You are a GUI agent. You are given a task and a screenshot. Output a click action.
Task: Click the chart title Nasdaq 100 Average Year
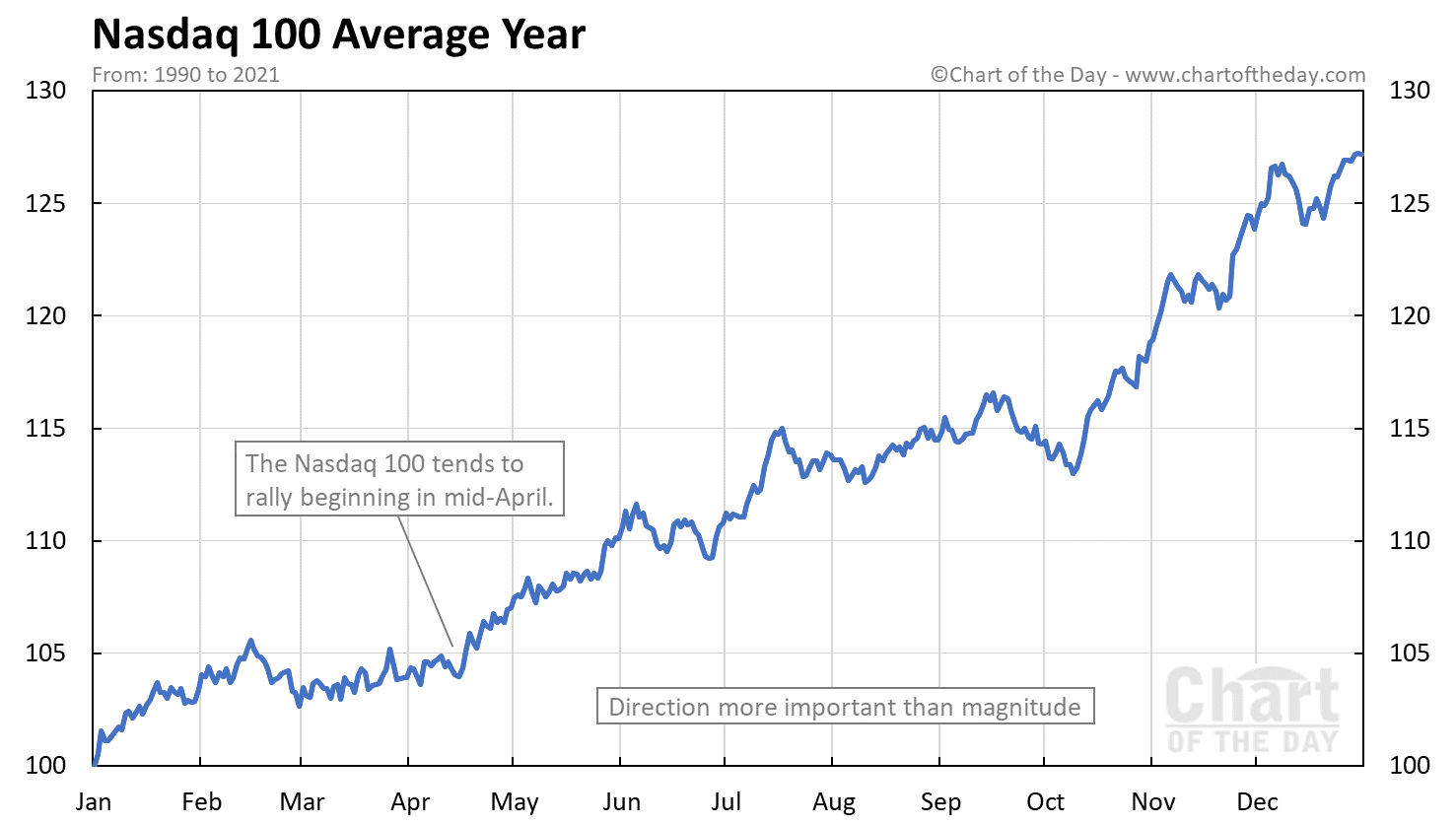click(338, 35)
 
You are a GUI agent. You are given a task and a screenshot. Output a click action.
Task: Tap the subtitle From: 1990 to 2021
click(185, 75)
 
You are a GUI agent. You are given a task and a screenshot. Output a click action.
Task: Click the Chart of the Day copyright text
click(1147, 75)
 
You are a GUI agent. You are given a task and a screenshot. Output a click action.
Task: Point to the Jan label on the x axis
click(94, 802)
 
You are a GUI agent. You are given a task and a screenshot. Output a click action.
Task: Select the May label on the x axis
click(514, 802)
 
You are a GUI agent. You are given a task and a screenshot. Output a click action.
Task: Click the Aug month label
click(833, 802)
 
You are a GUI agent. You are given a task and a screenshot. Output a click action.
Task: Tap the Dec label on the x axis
click(1257, 802)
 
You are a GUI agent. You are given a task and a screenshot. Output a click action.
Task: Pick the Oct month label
click(1045, 802)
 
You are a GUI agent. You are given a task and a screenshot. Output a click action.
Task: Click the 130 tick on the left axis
click(46, 91)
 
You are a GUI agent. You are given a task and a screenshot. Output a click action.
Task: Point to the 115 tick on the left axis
click(46, 429)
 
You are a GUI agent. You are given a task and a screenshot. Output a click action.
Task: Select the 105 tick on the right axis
click(1409, 653)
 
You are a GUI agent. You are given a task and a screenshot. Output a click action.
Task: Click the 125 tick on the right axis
click(1409, 203)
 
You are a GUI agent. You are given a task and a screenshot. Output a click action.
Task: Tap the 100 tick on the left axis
click(46, 766)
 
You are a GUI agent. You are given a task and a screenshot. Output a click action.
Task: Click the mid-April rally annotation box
click(399, 479)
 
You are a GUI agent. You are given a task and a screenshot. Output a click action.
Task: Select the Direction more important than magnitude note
click(845, 707)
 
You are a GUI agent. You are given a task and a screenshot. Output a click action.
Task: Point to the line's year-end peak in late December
click(1357, 154)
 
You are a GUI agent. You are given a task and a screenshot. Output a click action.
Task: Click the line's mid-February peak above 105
click(250, 641)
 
